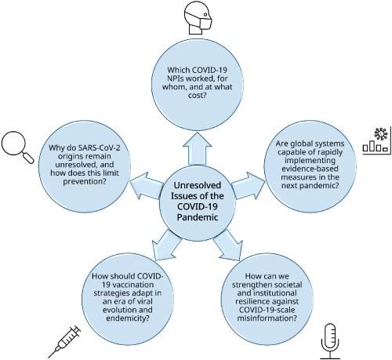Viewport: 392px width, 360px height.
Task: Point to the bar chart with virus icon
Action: (x=378, y=138)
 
